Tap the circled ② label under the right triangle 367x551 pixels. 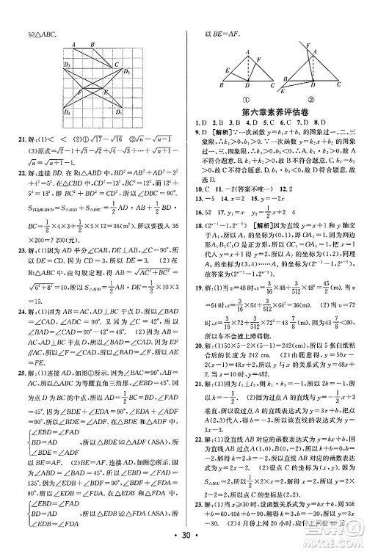311,101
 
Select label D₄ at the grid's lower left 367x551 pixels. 68,112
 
